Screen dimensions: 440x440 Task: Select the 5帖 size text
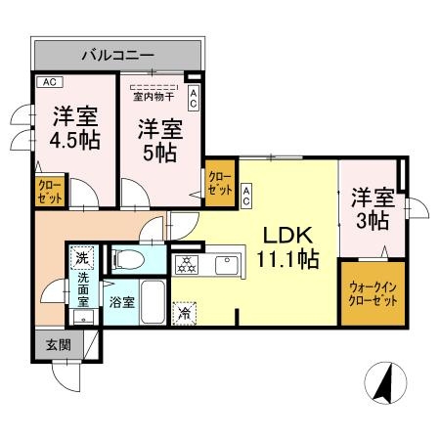pyautogui.click(x=157, y=153)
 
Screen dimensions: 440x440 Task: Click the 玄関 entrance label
pyautogui.click(x=58, y=345)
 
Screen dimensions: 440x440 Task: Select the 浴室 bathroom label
pyautogui.click(x=122, y=302)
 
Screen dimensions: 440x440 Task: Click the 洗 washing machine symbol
pyautogui.click(x=82, y=260)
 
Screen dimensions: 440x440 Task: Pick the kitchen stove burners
pyautogui.click(x=186, y=263)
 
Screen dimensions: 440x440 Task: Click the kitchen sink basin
pyautogui.click(x=226, y=263)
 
